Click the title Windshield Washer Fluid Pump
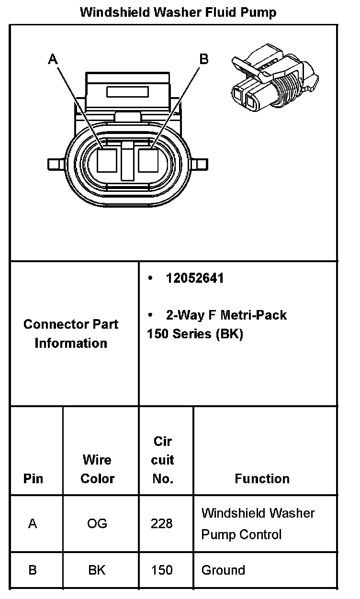pyautogui.click(x=178, y=12)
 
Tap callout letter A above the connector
pyautogui.click(x=53, y=59)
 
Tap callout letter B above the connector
pyautogui.click(x=204, y=59)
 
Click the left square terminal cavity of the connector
pyautogui.click(x=107, y=160)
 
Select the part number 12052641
pyautogui.click(x=195, y=278)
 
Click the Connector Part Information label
pyautogui.click(x=71, y=333)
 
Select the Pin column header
pyautogui.click(x=33, y=478)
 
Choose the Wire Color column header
pyautogui.click(x=97, y=469)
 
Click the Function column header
pyautogui.click(x=262, y=478)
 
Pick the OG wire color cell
pyautogui.click(x=97, y=523)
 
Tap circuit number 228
pyautogui.click(x=162, y=523)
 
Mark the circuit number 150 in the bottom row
pyautogui.click(x=162, y=570)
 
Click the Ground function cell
pyautogui.click(x=223, y=570)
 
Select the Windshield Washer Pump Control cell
pyautogui.click(x=258, y=523)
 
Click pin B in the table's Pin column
pyautogui.click(x=33, y=570)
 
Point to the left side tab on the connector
pyautogui.click(x=56, y=165)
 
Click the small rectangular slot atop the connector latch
pyautogui.click(x=127, y=91)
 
